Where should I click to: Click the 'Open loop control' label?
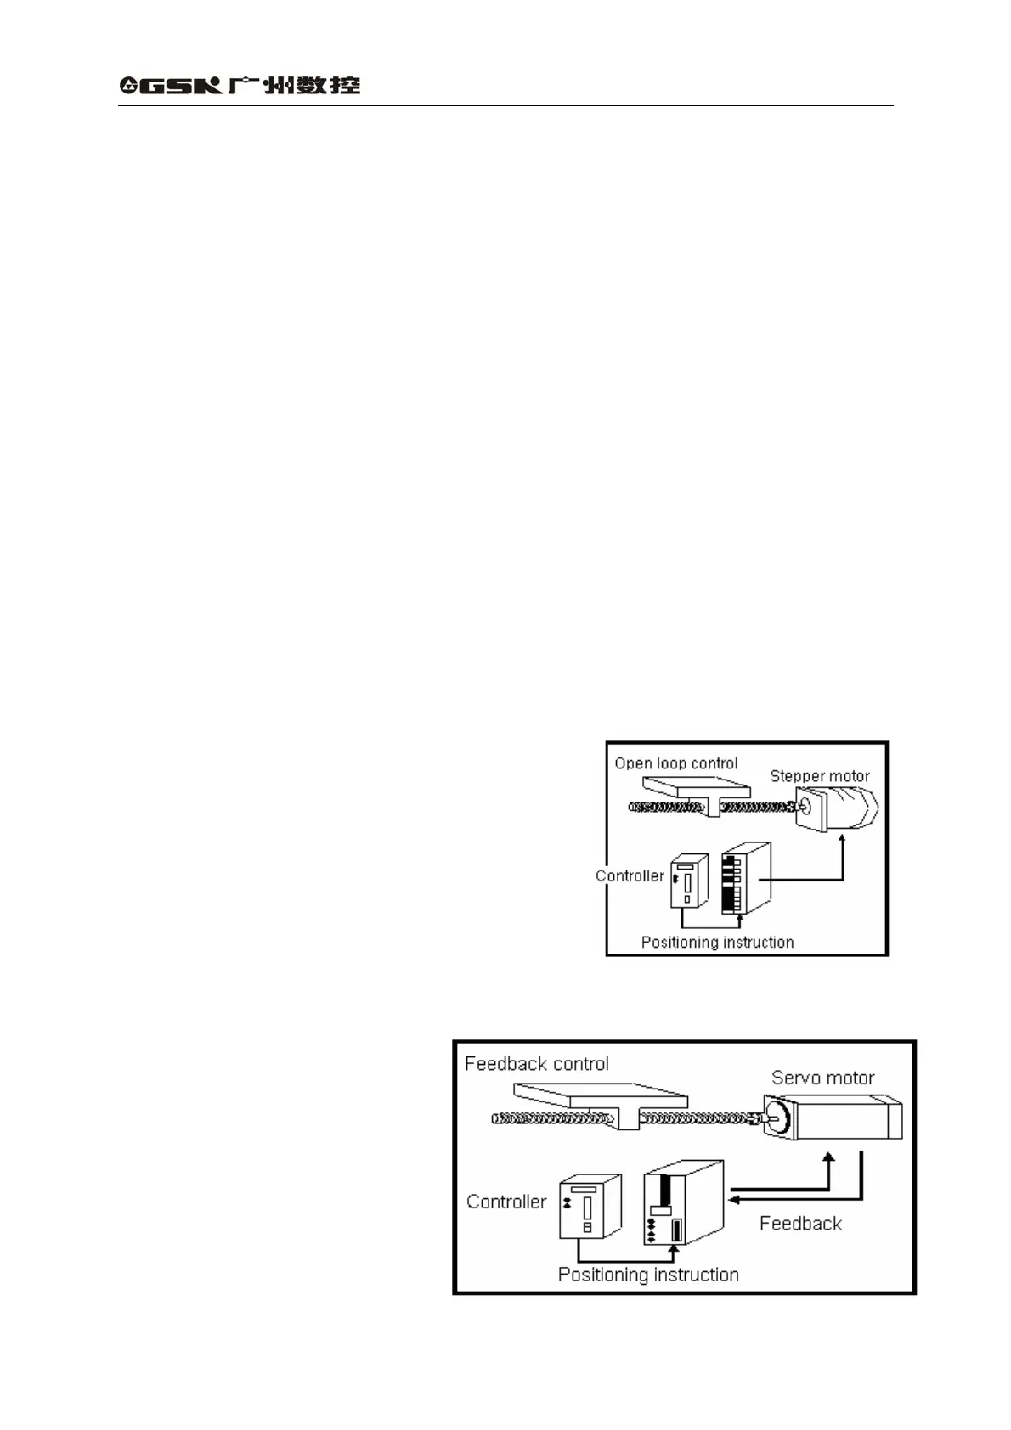[x=676, y=763]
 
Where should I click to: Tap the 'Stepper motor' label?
[x=820, y=776]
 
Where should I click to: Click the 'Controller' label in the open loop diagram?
[x=630, y=875]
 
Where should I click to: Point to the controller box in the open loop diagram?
[x=689, y=881]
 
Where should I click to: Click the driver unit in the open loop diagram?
[x=746, y=878]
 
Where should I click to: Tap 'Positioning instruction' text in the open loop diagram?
[x=717, y=942]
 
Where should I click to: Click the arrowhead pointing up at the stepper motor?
[x=843, y=840]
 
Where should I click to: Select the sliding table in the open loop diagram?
[x=697, y=790]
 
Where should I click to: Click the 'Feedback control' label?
[x=537, y=1064]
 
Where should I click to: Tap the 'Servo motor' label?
[x=822, y=1078]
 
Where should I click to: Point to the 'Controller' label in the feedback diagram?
[x=506, y=1202]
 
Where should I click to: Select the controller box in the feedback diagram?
[x=590, y=1207]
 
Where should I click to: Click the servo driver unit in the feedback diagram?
[x=683, y=1202]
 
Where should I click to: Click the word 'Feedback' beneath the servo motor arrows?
[x=800, y=1224]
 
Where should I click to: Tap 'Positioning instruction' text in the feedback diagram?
[x=648, y=1275]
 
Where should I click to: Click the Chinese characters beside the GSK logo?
[x=294, y=85]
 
